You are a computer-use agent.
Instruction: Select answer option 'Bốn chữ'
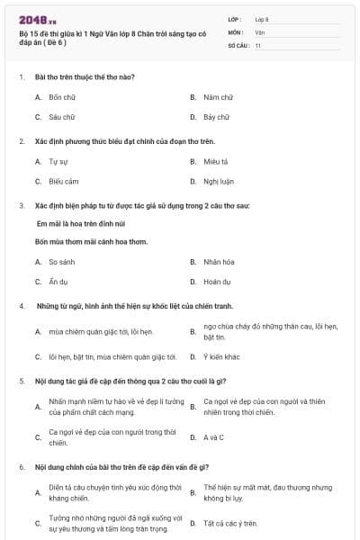[x=62, y=96]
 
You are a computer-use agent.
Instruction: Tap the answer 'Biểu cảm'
[x=64, y=181]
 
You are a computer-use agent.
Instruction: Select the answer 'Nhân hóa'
[x=219, y=262]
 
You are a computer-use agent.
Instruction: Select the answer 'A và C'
[x=213, y=437]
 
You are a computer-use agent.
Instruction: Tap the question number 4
[x=21, y=306]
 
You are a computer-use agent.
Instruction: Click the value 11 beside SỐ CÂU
[x=258, y=44]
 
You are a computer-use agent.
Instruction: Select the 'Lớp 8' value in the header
[x=262, y=19]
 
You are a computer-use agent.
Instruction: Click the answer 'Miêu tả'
[x=213, y=161]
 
